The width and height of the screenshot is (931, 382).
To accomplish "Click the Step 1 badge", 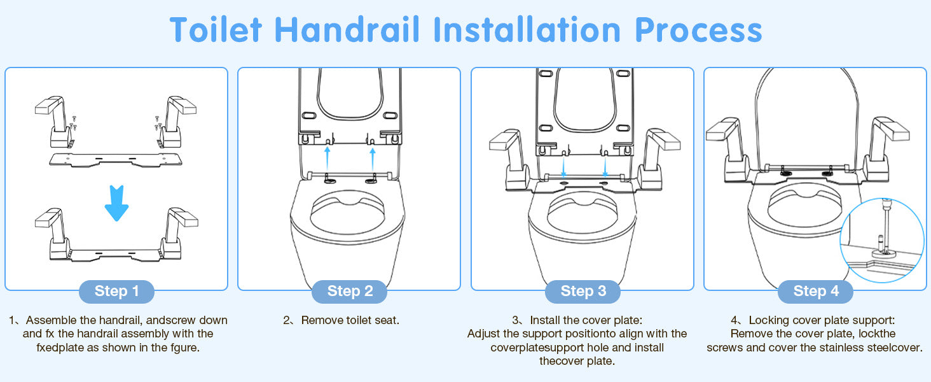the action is point(116,292).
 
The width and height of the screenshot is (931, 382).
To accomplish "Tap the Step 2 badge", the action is point(350,292).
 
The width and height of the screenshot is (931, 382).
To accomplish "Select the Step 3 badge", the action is point(583,292).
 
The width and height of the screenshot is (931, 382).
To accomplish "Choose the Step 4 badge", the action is point(815,292).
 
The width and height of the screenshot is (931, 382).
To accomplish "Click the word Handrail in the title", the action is point(347,30).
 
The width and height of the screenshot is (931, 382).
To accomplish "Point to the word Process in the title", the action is point(698,31).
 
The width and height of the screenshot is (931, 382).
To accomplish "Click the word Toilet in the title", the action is point(216,30).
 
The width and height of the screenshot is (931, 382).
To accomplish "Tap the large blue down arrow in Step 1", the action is point(116,203).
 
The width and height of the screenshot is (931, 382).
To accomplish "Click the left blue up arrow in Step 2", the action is point(328,158).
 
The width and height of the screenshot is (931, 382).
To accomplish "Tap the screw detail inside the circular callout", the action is point(885,233).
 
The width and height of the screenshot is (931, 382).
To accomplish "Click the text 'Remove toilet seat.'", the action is point(350,320).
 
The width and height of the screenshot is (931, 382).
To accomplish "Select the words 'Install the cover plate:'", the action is point(586,320).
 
